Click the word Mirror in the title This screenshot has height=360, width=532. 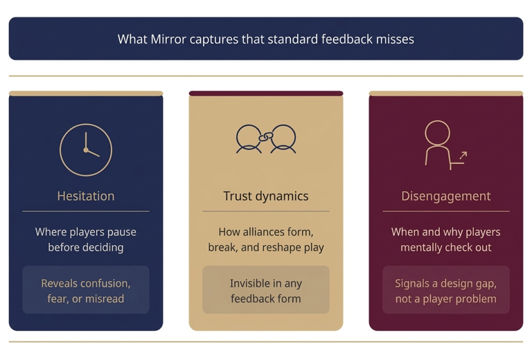pyautogui.click(x=170, y=39)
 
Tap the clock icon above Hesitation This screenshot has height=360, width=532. pyautogui.click(x=86, y=150)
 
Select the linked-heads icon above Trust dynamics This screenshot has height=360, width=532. pyautogui.click(x=266, y=138)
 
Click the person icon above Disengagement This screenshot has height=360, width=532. pyautogui.click(x=439, y=144)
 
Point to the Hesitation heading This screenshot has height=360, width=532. pyautogui.click(x=86, y=196)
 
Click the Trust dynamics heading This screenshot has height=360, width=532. pyautogui.click(x=266, y=196)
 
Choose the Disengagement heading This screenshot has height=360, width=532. pyautogui.click(x=445, y=196)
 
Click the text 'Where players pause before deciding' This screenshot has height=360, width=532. pyautogui.click(x=86, y=240)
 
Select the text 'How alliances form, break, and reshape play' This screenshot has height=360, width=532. pyautogui.click(x=266, y=240)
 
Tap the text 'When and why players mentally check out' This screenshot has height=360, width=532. pyautogui.click(x=445, y=240)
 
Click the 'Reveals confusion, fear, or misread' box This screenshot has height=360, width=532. pyautogui.click(x=86, y=291)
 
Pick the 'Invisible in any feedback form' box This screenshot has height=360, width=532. pyautogui.click(x=266, y=291)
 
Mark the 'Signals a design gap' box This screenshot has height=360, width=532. pyautogui.click(x=445, y=291)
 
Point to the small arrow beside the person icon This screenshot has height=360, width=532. pyautogui.click(x=463, y=156)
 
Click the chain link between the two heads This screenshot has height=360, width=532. pyautogui.click(x=263, y=137)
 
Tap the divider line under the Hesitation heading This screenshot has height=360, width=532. pyautogui.click(x=86, y=211)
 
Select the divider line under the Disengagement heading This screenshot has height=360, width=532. pyautogui.click(x=445, y=211)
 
